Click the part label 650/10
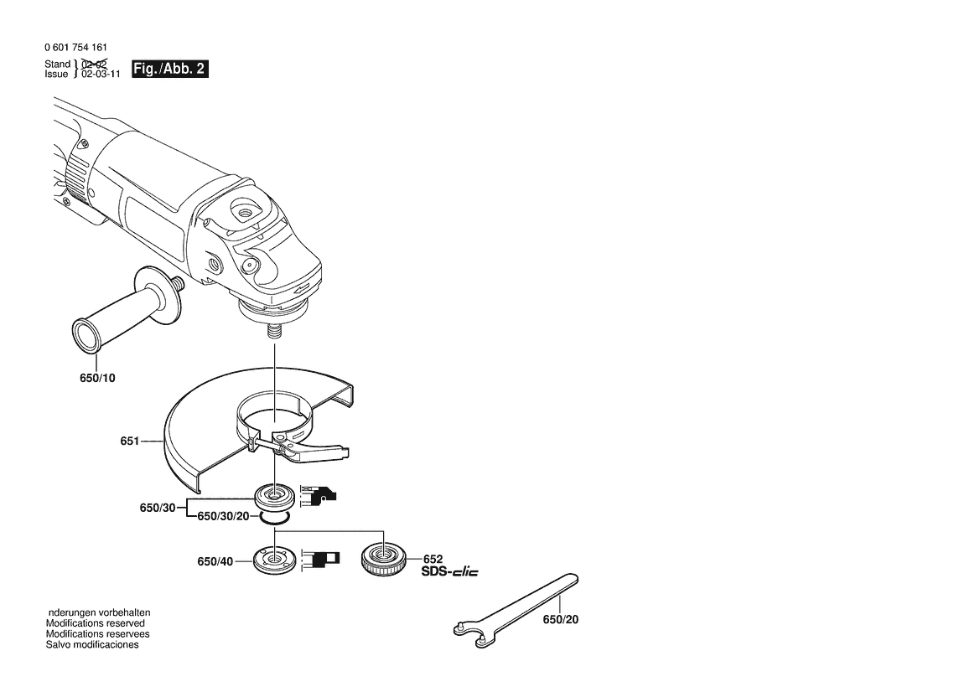pos(97,378)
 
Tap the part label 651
pos(129,441)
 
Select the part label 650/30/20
pos(223,516)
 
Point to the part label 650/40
pos(215,561)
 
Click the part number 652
pos(433,559)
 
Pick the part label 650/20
pos(561,620)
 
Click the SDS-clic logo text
pos(450,571)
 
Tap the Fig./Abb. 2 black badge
pos(170,69)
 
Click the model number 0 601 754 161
pos(75,48)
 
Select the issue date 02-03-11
pos(101,74)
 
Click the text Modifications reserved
pos(95,623)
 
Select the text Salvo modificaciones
pos(92,644)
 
